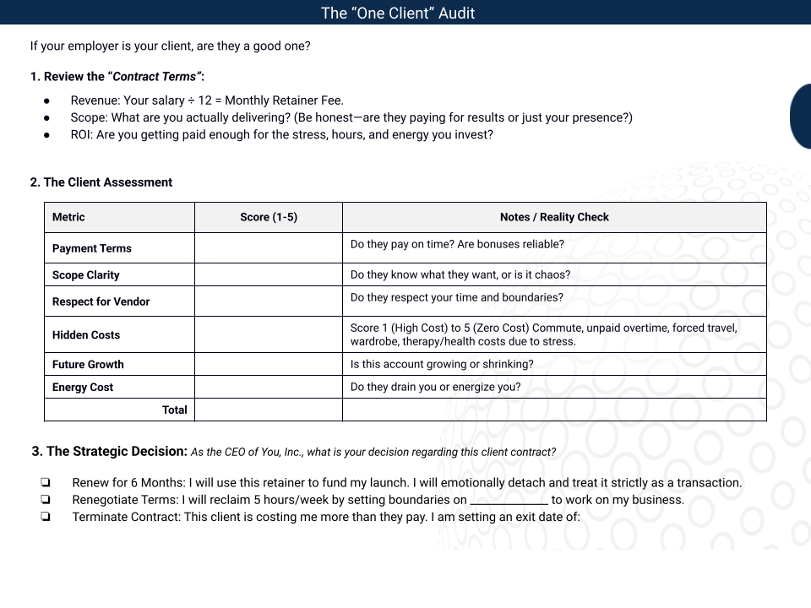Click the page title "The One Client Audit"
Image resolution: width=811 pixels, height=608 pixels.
point(398,13)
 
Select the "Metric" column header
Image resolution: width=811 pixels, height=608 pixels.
point(68,217)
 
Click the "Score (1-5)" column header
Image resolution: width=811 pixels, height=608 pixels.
point(269,217)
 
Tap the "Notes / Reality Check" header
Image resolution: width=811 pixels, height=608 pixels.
point(554,217)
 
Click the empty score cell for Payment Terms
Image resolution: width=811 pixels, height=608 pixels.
point(269,248)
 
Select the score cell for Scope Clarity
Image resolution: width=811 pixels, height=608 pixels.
point(269,274)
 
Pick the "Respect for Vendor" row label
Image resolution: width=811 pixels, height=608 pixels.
point(101,301)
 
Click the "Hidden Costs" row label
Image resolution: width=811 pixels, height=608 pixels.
point(86,334)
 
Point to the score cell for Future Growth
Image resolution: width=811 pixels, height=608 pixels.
point(269,364)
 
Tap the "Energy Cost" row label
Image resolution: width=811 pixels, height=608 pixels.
point(83,387)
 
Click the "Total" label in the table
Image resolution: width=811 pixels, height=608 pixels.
point(174,410)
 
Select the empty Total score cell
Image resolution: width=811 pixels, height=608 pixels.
point(269,410)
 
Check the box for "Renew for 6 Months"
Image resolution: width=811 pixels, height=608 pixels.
point(45,483)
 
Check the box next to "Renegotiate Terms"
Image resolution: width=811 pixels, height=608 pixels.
point(45,500)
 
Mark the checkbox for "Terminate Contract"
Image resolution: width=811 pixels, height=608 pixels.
point(45,517)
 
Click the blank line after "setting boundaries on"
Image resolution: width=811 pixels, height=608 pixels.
point(509,501)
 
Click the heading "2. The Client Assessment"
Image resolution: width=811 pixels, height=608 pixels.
point(101,182)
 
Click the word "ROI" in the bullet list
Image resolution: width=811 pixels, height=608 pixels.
point(81,134)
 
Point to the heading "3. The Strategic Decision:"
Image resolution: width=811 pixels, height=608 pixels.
point(109,451)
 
